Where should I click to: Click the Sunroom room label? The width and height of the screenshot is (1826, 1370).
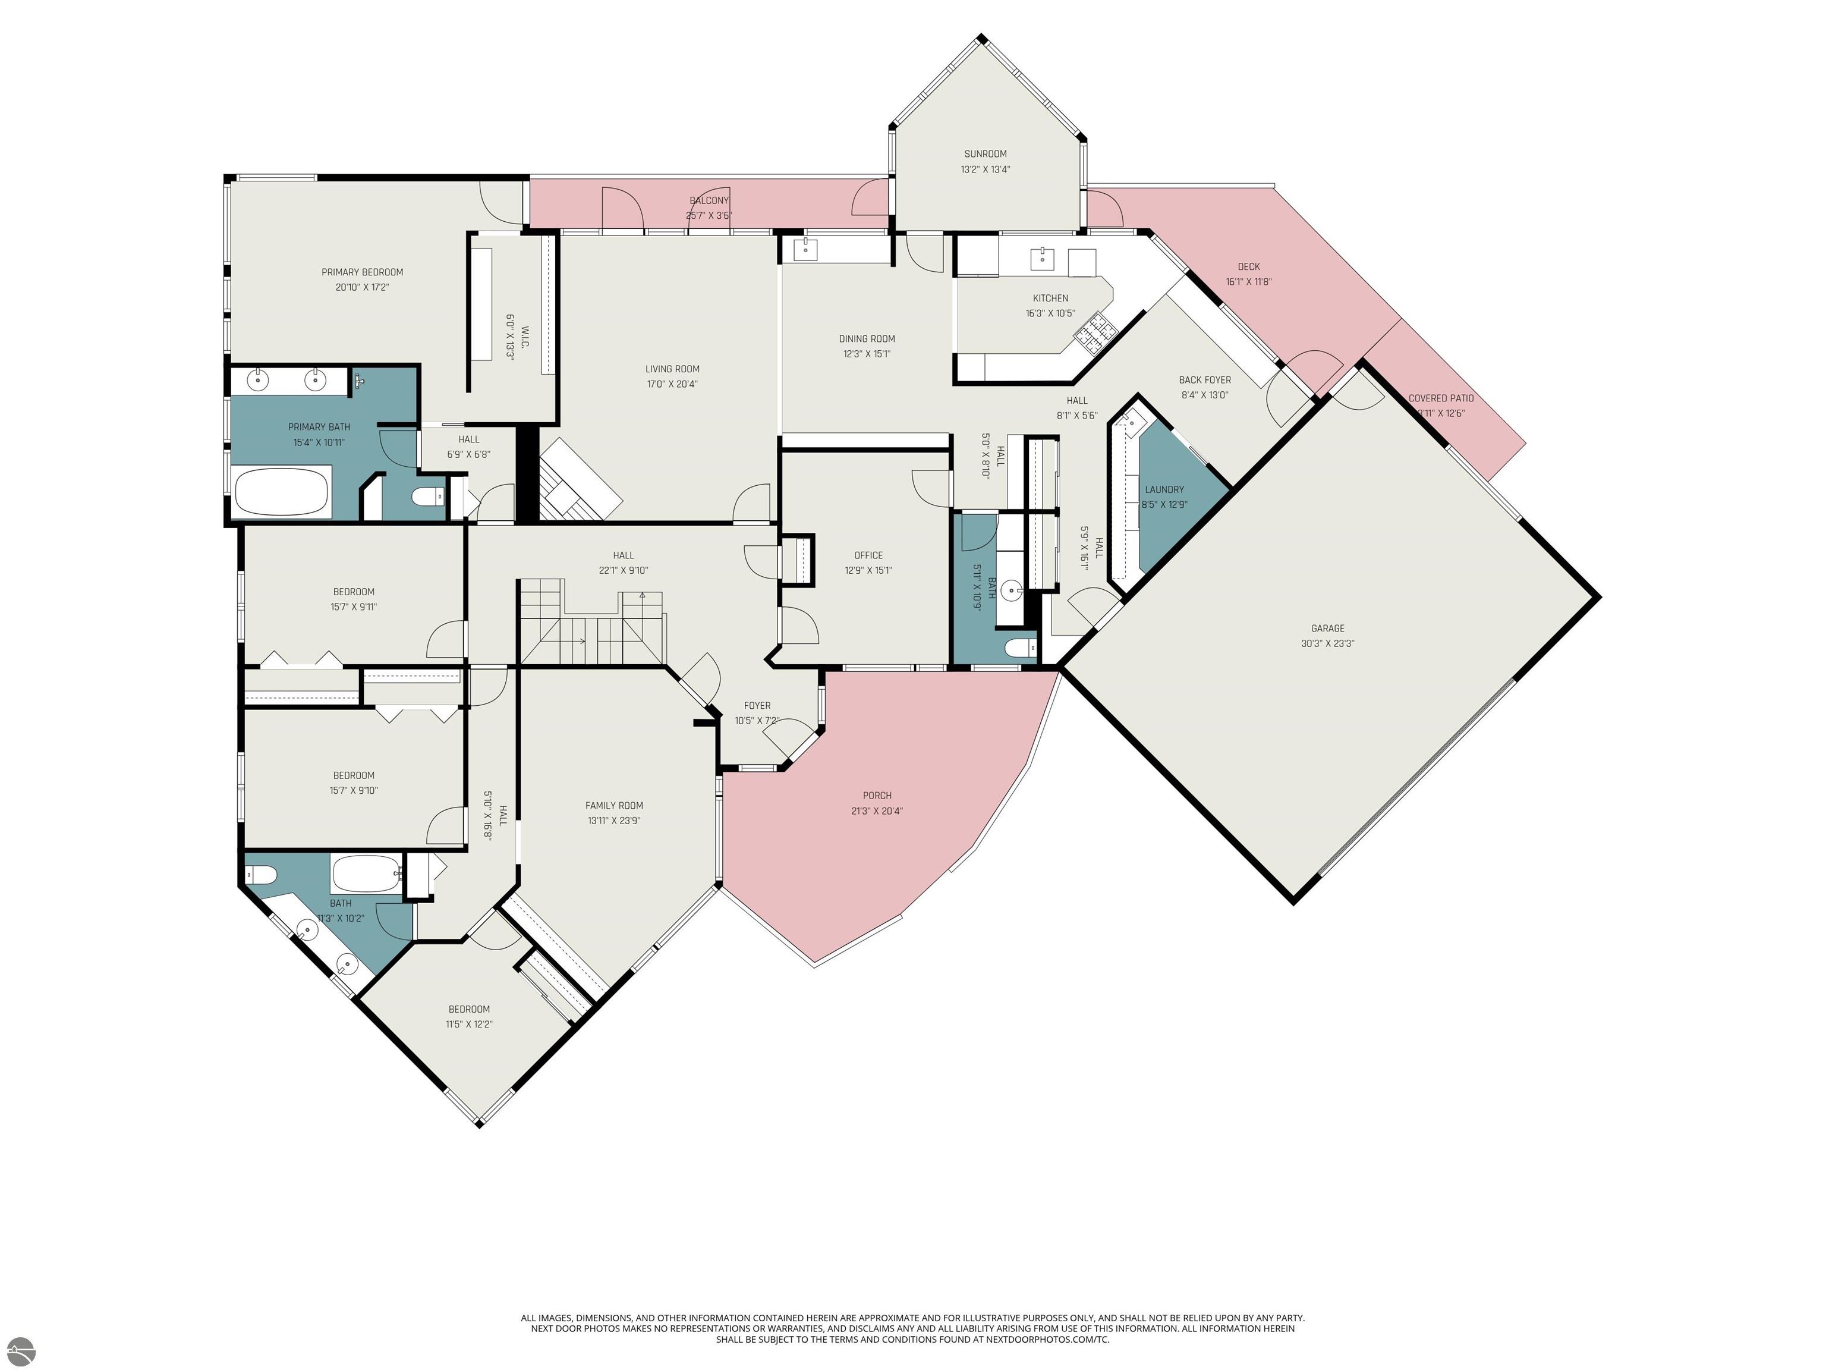coord(985,153)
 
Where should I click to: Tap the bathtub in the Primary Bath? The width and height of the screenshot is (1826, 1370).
coord(282,492)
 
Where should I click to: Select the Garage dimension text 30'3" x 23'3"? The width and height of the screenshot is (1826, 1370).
coord(1327,643)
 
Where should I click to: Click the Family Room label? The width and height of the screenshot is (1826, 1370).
coord(613,806)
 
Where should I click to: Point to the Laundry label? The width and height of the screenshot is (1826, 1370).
coord(1164,490)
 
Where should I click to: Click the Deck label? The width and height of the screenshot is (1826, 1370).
coord(1248,267)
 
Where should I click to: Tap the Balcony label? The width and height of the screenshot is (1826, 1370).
coord(709,200)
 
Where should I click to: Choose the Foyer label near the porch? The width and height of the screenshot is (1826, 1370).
coord(757,705)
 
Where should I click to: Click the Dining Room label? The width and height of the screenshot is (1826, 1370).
coord(866,338)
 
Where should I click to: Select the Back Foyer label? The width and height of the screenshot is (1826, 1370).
coord(1204,381)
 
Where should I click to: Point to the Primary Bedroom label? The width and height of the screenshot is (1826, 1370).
coord(363,272)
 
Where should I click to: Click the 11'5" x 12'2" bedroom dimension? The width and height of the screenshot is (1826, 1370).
coord(469,1024)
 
